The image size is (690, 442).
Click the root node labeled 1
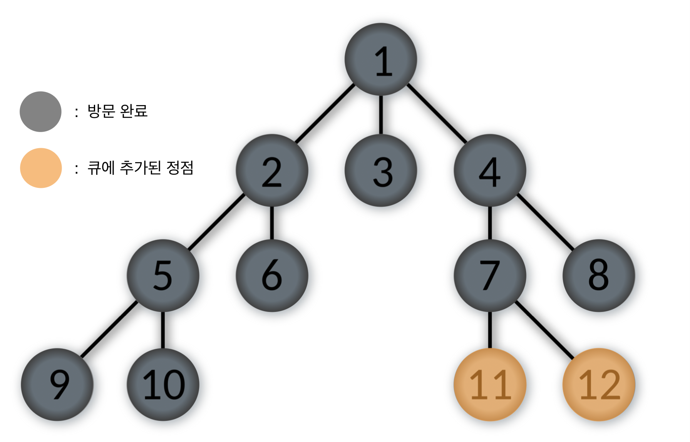pos(381,59)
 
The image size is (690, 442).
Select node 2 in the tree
pos(272,170)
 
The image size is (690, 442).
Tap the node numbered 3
pos(381,170)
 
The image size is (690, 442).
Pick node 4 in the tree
pos(490,170)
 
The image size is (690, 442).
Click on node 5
pos(163,275)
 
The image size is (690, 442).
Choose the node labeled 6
pos(272,275)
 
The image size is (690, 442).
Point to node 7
pos(490,275)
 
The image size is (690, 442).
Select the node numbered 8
pos(599,275)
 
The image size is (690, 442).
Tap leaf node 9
pos(57,384)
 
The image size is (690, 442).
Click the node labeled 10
pos(163,384)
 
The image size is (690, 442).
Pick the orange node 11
pos(490,384)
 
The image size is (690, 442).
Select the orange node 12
pos(599,384)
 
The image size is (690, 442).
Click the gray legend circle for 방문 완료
pos(40,112)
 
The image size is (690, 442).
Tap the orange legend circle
pos(41,168)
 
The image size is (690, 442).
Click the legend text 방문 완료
pos(117,111)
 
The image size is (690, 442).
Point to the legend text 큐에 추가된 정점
pos(140,168)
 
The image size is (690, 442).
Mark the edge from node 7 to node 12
pos(544,330)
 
